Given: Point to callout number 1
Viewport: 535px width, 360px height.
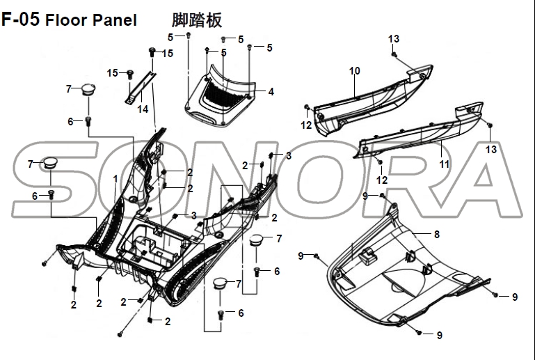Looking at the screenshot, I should [115, 180].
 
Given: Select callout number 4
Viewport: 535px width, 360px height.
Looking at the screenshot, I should [271, 91].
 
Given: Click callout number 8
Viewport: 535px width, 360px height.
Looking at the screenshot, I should [436, 234].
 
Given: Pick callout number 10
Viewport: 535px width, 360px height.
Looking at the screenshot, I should [354, 71].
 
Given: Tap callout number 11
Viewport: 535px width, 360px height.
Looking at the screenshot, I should [444, 164].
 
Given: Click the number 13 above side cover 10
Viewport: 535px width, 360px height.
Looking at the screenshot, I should [394, 38].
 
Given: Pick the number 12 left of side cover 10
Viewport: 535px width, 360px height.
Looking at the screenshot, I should [306, 125].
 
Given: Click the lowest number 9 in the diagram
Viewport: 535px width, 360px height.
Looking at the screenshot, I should [439, 335].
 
